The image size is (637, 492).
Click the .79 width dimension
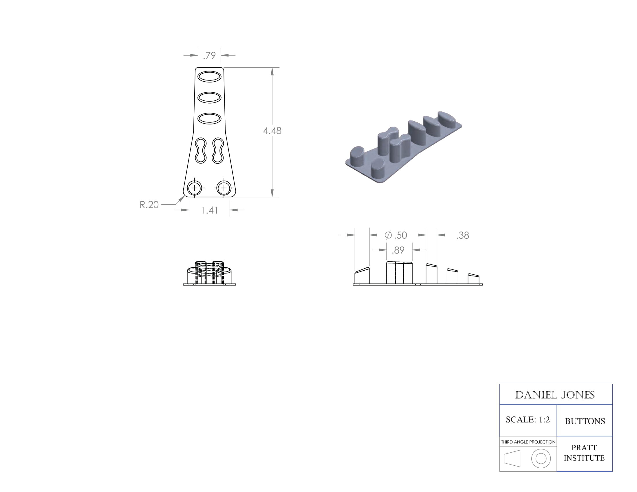tap(209, 55)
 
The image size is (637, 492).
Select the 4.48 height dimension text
tap(272, 131)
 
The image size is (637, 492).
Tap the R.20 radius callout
tap(149, 205)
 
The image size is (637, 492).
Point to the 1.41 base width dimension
tap(209, 210)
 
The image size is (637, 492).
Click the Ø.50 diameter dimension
tap(396, 235)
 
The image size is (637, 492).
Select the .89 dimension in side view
tap(398, 250)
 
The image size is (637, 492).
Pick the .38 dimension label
tap(462, 235)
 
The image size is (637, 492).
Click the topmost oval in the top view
tap(209, 77)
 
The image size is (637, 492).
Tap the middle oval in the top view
tap(209, 98)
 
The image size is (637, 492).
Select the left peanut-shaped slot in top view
tap(201, 150)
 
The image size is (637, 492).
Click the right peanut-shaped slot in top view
tap(218, 150)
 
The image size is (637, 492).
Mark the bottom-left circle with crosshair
tap(195, 188)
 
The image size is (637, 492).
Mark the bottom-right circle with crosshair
tap(224, 188)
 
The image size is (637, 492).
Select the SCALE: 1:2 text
tap(528, 420)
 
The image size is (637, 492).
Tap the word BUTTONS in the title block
tap(585, 421)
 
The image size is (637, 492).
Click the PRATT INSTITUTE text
tap(584, 453)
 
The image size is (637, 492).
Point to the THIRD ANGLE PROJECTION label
tap(528, 442)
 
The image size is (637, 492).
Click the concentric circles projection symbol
tap(541, 458)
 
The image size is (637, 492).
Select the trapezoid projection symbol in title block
tap(512, 458)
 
